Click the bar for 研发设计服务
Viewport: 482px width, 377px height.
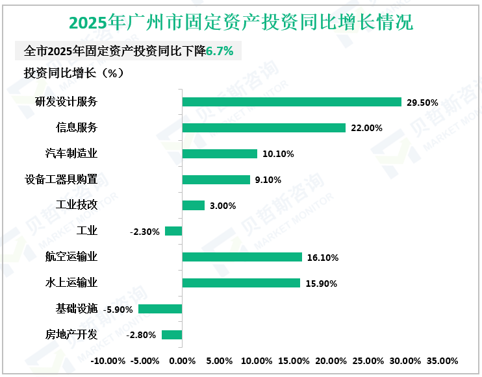coord(292,102)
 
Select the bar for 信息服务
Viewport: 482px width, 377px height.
coord(264,128)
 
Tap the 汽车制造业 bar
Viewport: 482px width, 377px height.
coord(220,154)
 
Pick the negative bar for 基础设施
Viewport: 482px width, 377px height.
coord(160,309)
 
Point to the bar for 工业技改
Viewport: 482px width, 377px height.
coord(194,206)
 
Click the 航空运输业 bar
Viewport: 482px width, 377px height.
coord(242,257)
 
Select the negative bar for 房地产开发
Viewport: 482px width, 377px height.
coord(172,335)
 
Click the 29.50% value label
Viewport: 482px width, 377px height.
coord(422,103)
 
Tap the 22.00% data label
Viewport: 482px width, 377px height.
coord(366,128)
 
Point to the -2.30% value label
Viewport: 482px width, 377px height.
coord(145,232)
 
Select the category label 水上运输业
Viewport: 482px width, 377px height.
coord(71,282)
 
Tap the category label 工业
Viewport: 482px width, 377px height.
coord(86,231)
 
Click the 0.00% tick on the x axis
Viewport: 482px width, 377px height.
coord(182,361)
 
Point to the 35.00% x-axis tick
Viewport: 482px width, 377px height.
coord(442,361)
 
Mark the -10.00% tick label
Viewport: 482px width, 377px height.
coord(108,361)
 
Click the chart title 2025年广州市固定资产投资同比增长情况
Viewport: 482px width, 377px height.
coord(241,23)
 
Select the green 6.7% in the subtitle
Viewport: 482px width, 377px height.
coord(220,51)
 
